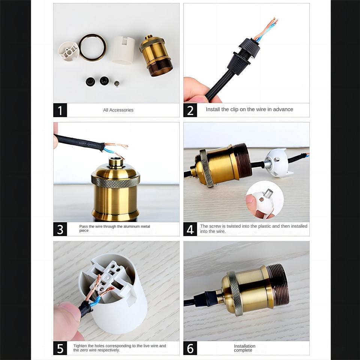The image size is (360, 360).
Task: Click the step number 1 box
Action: pyautogui.click(x=60, y=110)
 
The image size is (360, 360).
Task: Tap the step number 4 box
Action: pyautogui.click(x=190, y=229)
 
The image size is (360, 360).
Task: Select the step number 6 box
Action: pyautogui.click(x=190, y=348)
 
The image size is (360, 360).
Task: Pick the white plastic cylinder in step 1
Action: pyautogui.click(x=123, y=50)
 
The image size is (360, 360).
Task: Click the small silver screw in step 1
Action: pyautogui.click(x=117, y=84)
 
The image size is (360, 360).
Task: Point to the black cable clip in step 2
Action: pyautogui.click(x=244, y=56)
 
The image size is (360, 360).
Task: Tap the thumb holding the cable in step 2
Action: pyautogui.click(x=195, y=90)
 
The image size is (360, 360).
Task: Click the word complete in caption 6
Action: pyautogui.click(x=243, y=350)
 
